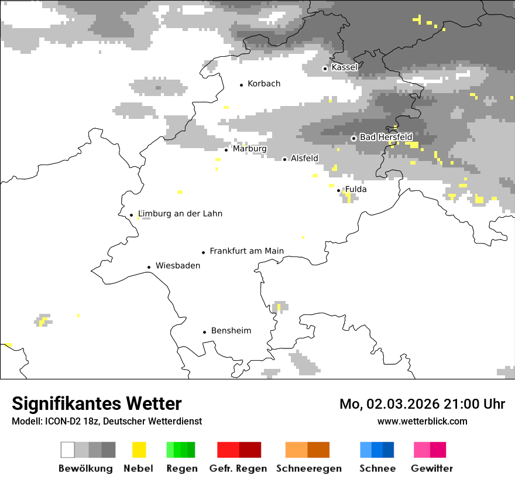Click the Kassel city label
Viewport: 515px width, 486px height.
344,67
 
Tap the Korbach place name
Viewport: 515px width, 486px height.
264,84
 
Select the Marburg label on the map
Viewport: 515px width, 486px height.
249,149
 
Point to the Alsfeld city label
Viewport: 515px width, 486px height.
304,158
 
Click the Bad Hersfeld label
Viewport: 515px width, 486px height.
386,137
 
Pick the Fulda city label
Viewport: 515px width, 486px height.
356,189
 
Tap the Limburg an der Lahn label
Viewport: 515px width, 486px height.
180,214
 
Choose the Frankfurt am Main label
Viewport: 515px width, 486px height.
246,251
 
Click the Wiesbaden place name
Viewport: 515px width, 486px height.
178,266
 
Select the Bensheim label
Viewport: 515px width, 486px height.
231,331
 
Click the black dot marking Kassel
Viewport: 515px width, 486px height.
325,69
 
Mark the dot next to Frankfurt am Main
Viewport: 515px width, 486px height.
204,252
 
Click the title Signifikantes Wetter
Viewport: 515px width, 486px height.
97,404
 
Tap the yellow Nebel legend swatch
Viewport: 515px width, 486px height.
139,450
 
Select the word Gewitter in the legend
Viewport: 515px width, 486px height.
432,468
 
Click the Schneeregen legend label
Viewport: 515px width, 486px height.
309,468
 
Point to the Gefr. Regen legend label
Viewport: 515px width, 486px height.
238,468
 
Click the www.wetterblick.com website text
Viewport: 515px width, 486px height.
422,421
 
